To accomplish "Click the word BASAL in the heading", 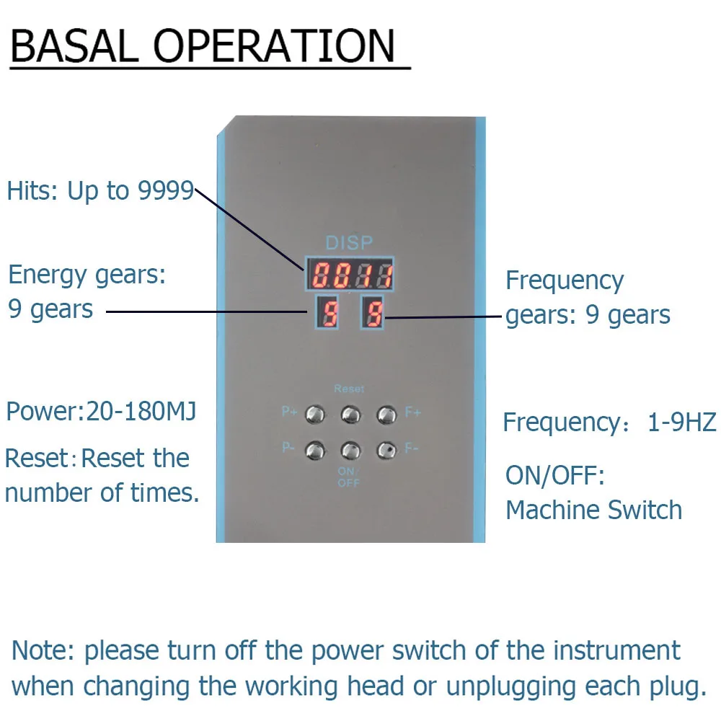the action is click(74, 45).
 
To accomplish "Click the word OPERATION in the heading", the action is click(274, 45).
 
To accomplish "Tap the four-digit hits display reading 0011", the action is click(350, 274).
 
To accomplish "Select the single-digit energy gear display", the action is click(327, 313).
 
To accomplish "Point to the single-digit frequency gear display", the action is click(372, 313).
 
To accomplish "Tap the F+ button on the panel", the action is click(386, 415).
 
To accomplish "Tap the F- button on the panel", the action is click(386, 451).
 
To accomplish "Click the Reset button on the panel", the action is click(351, 415).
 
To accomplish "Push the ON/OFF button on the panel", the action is click(351, 451).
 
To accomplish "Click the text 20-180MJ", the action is click(141, 411).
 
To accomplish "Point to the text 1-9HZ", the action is click(681, 422).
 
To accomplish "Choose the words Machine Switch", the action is click(593, 510).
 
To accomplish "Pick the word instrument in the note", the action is click(616, 650).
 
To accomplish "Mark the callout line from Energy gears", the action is click(207, 311).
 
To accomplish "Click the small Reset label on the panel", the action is click(349, 389).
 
